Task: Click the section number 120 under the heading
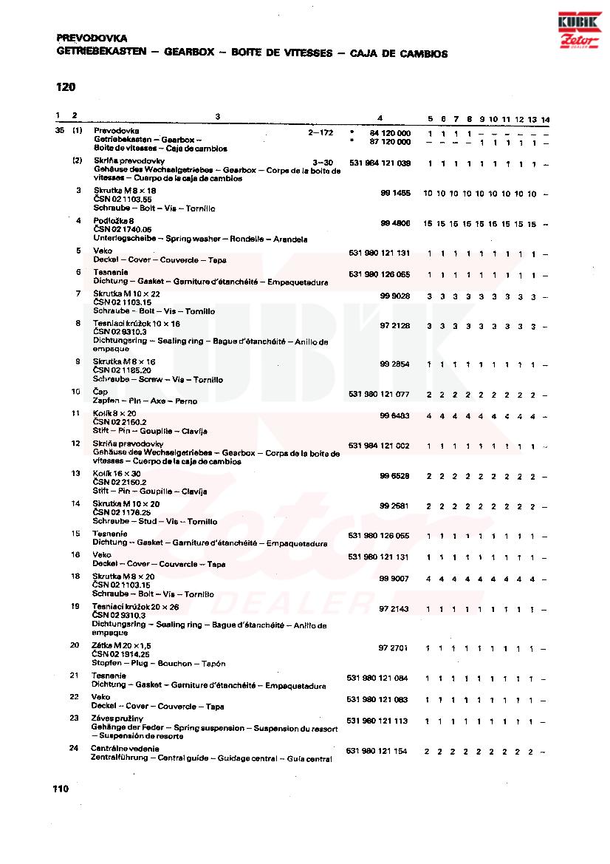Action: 66,87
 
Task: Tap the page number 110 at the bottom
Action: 61,789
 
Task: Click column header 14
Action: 545,119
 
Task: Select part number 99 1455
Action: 395,193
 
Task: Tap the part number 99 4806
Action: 395,223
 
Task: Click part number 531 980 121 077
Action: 379,395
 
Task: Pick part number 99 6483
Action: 395,415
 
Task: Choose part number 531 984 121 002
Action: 379,446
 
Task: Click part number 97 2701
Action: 394,647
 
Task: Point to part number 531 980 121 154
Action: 377,751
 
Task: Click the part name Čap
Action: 100,392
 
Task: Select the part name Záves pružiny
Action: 117,718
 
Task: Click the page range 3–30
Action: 323,161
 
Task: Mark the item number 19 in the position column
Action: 75,606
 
